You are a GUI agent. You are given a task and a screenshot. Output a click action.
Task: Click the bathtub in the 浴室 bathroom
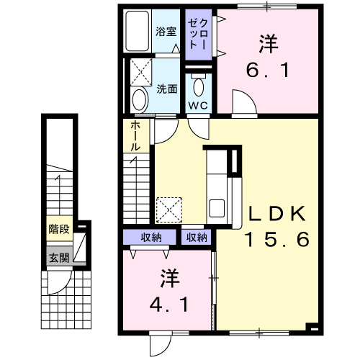click(x=138, y=31)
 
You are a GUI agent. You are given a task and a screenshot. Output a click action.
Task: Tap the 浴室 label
click(x=166, y=32)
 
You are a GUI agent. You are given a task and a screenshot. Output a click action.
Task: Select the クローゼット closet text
click(x=198, y=35)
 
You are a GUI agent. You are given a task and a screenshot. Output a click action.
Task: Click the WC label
click(x=198, y=105)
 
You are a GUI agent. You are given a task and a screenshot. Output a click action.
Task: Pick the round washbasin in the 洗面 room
click(x=139, y=99)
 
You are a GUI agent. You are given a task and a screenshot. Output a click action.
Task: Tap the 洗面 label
click(x=167, y=89)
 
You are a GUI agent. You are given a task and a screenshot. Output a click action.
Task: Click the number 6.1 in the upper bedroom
click(x=268, y=71)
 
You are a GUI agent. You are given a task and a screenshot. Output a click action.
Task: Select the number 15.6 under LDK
click(x=276, y=239)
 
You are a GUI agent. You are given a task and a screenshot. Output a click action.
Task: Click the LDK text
click(x=277, y=214)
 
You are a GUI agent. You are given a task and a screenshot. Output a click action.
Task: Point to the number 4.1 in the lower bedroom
click(x=168, y=305)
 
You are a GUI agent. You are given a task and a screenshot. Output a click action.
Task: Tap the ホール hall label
click(x=135, y=136)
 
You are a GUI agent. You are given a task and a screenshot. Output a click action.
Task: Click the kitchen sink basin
click(x=217, y=208)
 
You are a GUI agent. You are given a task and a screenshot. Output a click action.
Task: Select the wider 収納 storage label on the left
click(x=151, y=238)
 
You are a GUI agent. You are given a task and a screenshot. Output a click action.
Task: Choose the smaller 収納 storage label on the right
click(x=197, y=238)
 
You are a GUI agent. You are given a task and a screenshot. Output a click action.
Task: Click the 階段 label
click(x=59, y=229)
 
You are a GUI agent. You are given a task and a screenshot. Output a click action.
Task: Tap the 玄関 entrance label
click(x=59, y=258)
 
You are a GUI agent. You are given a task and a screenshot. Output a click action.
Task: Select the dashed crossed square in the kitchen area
click(x=169, y=210)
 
